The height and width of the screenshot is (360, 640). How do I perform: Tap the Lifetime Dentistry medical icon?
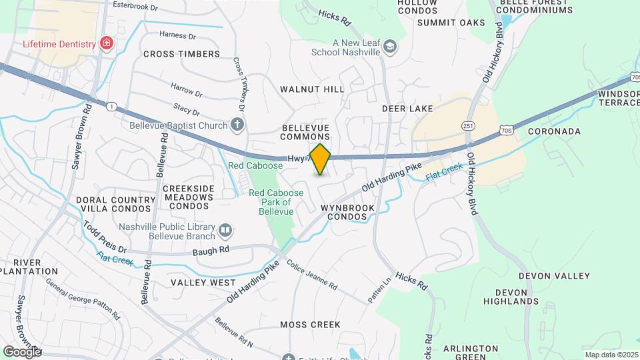(x=106, y=44)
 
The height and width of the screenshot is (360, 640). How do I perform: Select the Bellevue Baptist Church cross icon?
(x=237, y=124)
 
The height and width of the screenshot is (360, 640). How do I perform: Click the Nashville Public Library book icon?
(x=225, y=231)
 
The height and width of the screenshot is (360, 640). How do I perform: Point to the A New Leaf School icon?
(x=390, y=47)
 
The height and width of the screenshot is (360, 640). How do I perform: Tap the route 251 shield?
(x=467, y=126)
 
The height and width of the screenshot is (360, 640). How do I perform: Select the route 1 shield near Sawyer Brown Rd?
(x=111, y=106)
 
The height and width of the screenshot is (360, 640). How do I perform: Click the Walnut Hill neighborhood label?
(x=312, y=89)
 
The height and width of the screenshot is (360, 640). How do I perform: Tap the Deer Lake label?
(x=407, y=108)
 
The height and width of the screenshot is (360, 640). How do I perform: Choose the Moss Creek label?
(x=310, y=325)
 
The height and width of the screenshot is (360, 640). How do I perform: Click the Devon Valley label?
(x=554, y=276)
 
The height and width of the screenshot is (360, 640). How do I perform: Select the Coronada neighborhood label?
(x=554, y=131)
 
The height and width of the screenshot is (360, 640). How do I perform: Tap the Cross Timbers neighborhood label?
(x=181, y=54)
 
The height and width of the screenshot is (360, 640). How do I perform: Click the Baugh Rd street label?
(x=211, y=249)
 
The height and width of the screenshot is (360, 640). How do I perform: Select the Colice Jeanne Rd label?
(x=312, y=274)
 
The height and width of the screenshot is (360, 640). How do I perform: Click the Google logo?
(x=22, y=351)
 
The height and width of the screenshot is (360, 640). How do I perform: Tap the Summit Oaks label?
(x=451, y=23)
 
